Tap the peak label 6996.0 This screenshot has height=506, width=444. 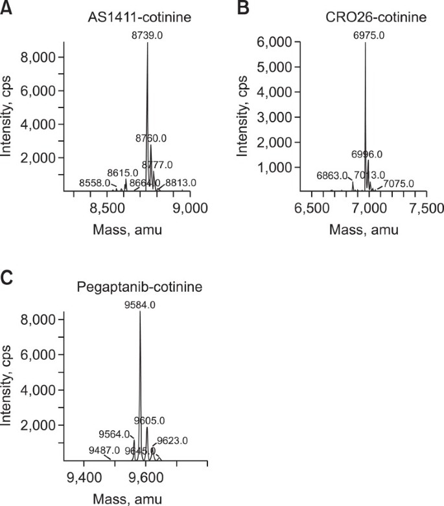[367, 154]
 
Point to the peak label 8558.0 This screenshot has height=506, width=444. [95, 184]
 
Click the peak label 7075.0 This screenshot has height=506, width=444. [399, 184]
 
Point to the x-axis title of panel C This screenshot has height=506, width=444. [123, 498]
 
